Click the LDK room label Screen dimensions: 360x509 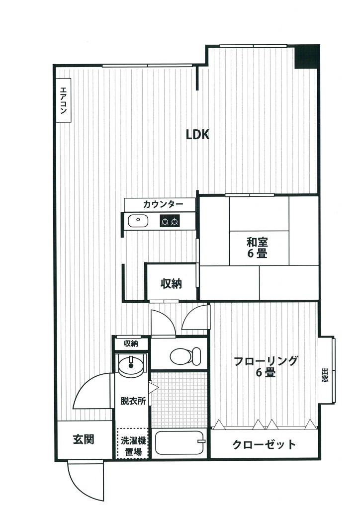[197, 134]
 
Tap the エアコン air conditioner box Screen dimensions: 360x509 [64, 100]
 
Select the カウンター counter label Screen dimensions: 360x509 [163, 204]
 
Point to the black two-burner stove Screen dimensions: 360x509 [170, 221]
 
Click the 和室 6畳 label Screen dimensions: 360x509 [257, 248]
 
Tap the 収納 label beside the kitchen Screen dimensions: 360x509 [171, 284]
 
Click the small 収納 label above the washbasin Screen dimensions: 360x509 [131, 343]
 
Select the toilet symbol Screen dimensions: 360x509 [185, 356]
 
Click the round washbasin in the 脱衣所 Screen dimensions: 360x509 [131, 365]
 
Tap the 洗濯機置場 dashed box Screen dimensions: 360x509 [133, 443]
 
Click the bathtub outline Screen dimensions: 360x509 [180, 442]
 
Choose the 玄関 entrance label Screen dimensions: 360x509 [84, 439]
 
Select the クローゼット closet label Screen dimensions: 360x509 [264, 444]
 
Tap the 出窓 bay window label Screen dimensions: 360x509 [325, 375]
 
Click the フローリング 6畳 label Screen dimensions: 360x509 [266, 366]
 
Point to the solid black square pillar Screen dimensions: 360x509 [307, 57]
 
